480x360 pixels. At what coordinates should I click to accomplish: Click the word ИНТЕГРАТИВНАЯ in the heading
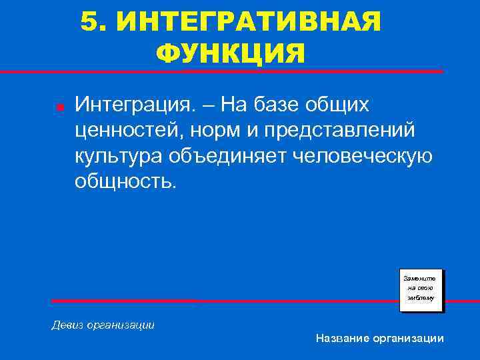pyautogui.click(x=249, y=22)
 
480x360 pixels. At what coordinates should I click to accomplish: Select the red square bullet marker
pyautogui.click(x=59, y=107)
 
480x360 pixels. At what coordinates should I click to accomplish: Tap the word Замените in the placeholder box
pyautogui.click(x=421, y=277)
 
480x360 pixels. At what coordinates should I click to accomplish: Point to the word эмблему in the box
pyautogui.click(x=421, y=299)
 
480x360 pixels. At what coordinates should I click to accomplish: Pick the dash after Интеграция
pyautogui.click(x=212, y=105)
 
